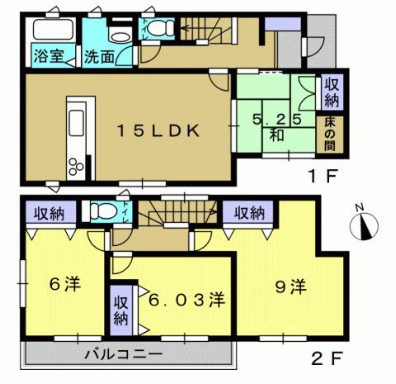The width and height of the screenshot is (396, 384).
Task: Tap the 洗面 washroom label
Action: pos(98,59)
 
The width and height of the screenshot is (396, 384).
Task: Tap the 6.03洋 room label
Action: pos(185,297)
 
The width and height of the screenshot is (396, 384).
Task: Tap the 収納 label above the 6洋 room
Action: pos(49,214)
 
